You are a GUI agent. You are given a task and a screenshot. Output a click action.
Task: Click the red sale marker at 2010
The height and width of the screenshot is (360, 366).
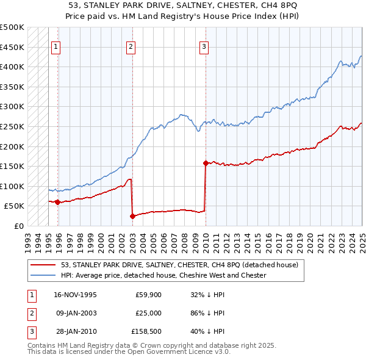(206, 163)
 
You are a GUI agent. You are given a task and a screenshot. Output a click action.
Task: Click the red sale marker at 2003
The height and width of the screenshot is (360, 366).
(132, 215)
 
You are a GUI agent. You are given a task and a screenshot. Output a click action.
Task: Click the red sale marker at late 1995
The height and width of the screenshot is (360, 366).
(57, 202)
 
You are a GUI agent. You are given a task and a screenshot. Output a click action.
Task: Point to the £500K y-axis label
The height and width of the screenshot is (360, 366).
(12, 27)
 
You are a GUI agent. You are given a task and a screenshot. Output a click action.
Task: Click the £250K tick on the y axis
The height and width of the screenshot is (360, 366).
(12, 126)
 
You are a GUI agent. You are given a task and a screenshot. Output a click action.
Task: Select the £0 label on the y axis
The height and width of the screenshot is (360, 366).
(20, 226)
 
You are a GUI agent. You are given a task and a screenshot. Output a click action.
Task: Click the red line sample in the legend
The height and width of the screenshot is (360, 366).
(43, 265)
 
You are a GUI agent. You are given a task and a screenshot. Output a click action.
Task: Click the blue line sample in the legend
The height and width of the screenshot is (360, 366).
(43, 275)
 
